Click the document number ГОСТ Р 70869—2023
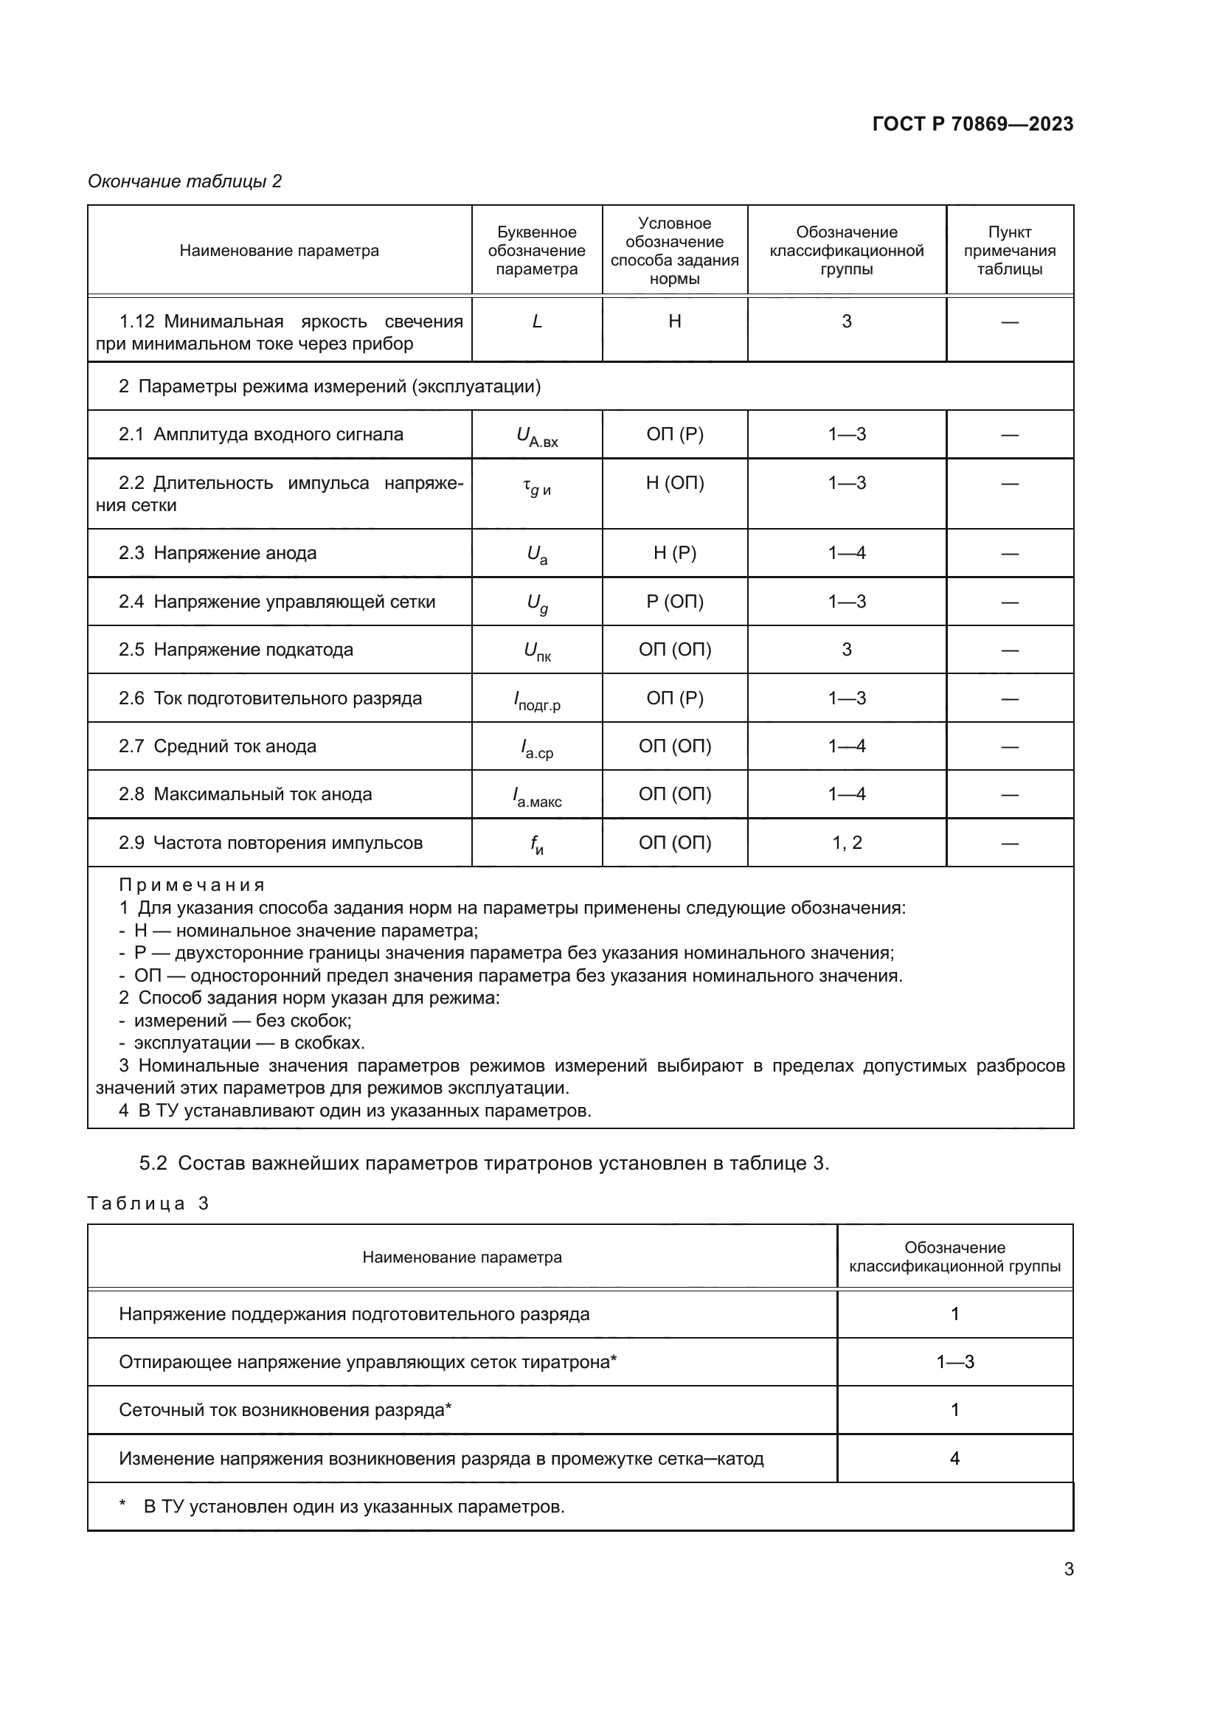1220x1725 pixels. pyautogui.click(x=972, y=124)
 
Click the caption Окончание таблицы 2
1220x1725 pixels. pyautogui.click(x=185, y=181)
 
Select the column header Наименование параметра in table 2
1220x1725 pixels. pyautogui.click(x=279, y=251)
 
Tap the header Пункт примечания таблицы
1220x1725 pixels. pyautogui.click(x=1009, y=251)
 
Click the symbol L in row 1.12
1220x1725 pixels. pyautogui.click(x=536, y=322)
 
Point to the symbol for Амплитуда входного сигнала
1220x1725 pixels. pyautogui.click(x=536, y=437)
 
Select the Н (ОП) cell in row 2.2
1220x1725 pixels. pyautogui.click(x=675, y=483)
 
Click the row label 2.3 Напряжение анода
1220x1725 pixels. pyautogui.click(x=218, y=553)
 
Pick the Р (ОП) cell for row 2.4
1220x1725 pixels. pyautogui.click(x=675, y=602)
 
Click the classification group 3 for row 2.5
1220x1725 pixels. pyautogui.click(x=847, y=649)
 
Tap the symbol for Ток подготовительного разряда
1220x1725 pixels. pyautogui.click(x=536, y=701)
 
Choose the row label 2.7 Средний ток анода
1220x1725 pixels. pyautogui.click(x=218, y=746)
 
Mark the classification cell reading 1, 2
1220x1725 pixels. pyautogui.click(x=847, y=843)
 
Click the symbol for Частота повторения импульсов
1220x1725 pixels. pyautogui.click(x=536, y=845)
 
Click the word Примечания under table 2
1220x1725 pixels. pyautogui.click(x=192, y=885)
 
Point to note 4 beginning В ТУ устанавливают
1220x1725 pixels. pyautogui.click(x=355, y=1111)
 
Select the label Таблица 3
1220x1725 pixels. pyautogui.click(x=148, y=1204)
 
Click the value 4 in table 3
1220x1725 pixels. pyautogui.click(x=954, y=1458)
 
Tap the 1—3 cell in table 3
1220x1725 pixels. pyautogui.click(x=954, y=1362)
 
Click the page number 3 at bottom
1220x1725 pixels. pyautogui.click(x=1068, y=1569)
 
